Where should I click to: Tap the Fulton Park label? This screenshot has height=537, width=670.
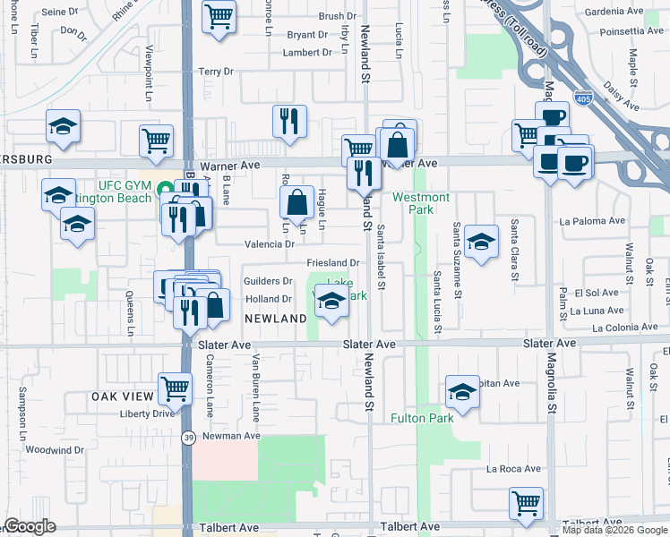click(422, 418)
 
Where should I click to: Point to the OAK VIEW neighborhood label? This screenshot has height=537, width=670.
click(123, 396)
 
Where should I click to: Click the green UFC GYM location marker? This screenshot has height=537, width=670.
click(165, 189)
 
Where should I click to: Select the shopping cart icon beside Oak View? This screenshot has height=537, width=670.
click(176, 388)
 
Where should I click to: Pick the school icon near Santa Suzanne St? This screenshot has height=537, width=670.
click(481, 241)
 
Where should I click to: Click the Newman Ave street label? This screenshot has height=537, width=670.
click(230, 436)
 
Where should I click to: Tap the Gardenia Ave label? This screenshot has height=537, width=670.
click(614, 12)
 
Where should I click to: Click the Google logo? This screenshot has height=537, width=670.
click(30, 526)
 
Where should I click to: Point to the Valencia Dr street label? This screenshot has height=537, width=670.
click(270, 243)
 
